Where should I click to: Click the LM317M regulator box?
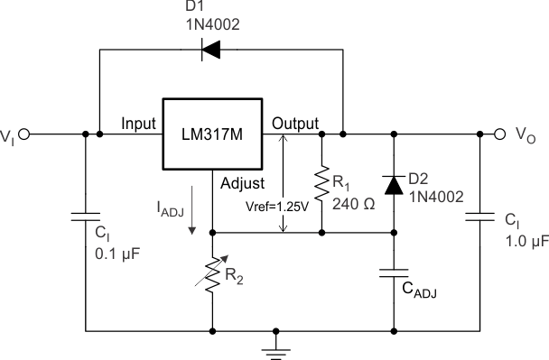coord(211,134)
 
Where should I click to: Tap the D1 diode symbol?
coord(211,50)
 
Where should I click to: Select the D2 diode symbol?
coord(394,184)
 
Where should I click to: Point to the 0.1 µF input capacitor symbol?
coord(86,217)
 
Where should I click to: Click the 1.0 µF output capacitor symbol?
coord(479,217)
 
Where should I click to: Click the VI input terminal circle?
coord(24,134)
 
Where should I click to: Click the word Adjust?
coord(242,182)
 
